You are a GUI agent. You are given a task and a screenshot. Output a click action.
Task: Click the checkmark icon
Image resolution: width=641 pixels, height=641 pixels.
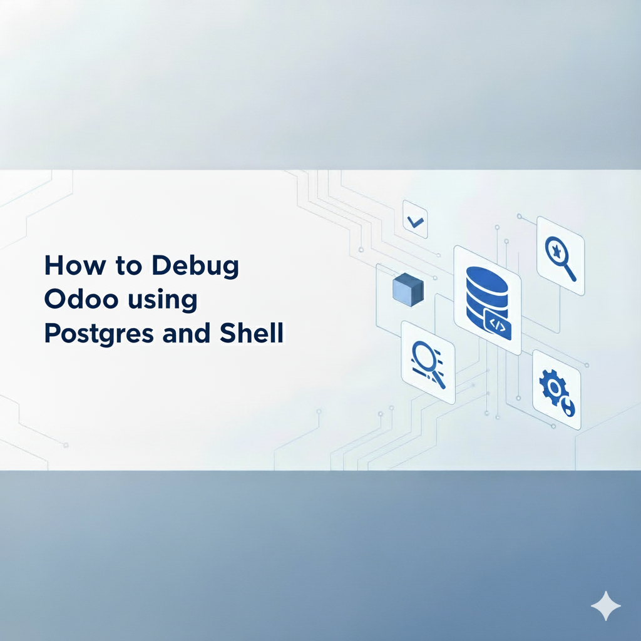(x=414, y=220)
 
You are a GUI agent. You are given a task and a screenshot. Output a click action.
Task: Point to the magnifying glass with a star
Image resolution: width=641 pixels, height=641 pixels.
(x=560, y=255)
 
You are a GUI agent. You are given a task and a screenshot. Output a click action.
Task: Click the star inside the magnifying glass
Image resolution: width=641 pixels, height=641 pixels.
(x=555, y=249)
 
